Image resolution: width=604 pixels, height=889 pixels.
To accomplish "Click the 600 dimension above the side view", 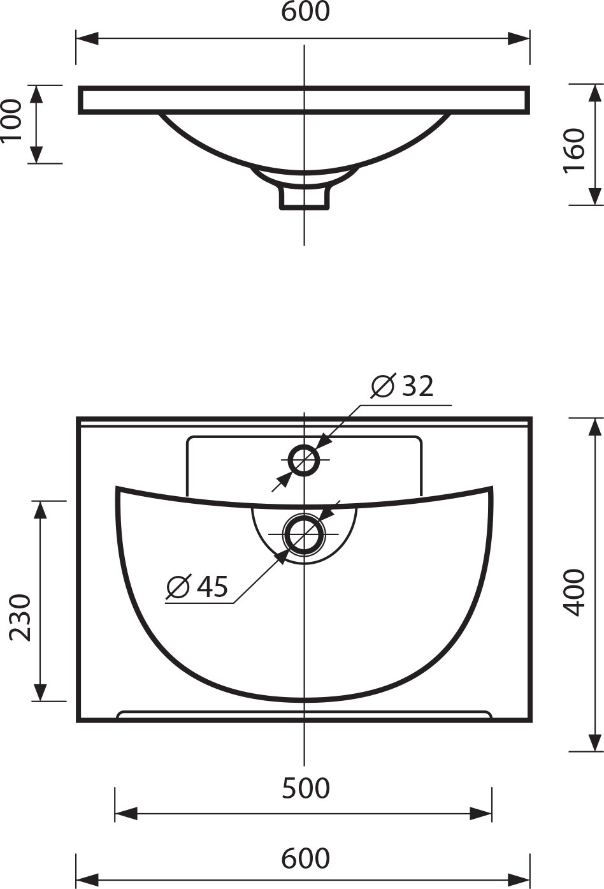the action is tap(305, 12).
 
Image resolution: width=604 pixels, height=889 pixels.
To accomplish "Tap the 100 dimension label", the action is tap(11, 121).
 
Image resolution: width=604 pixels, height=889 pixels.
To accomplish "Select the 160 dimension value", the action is tap(574, 150).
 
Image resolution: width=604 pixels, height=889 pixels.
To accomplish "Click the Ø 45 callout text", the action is tap(197, 586).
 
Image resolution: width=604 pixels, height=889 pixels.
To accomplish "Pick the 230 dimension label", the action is tap(20, 617).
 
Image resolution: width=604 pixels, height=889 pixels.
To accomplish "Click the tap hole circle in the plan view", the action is tap(304, 449).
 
